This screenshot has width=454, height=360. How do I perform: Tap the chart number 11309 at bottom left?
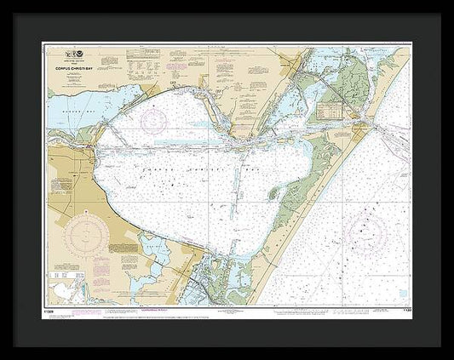[52, 310]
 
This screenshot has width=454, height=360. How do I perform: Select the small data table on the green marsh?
[329, 111]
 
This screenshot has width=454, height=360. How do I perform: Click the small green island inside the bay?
[274, 193]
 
